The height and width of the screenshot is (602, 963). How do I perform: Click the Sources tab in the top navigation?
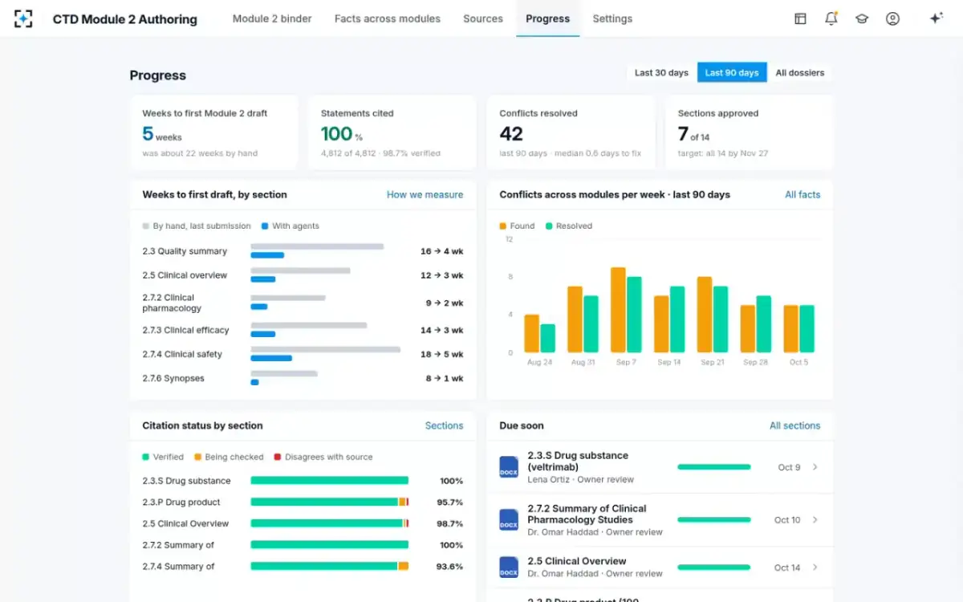[483, 18]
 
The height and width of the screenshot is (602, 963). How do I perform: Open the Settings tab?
[612, 18]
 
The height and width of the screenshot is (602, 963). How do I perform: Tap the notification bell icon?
[831, 18]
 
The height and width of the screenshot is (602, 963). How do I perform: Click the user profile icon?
[892, 18]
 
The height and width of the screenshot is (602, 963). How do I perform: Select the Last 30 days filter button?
[661, 73]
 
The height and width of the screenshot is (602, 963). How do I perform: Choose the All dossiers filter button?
[799, 73]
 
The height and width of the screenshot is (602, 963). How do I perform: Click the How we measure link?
[425, 195]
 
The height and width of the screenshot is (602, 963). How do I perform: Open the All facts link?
[802, 195]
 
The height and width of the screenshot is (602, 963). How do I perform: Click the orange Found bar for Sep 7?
[618, 310]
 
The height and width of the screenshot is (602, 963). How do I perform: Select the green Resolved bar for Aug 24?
[547, 339]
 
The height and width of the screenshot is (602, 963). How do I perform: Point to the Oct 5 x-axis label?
[798, 362]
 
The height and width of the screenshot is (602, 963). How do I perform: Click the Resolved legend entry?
[568, 226]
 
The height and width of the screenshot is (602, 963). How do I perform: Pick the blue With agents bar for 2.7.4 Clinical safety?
[271, 358]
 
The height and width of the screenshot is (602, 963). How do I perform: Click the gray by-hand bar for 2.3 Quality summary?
[317, 246]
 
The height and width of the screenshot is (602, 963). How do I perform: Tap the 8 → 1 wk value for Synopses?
[445, 378]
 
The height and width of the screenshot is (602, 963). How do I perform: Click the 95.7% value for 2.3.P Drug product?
[449, 502]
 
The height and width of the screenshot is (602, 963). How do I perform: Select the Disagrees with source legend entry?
[323, 457]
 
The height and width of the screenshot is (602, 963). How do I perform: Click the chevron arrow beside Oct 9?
[815, 467]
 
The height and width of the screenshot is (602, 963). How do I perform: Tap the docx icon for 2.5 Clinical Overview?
[509, 567]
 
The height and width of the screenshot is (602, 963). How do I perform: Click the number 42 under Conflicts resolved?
[511, 134]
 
